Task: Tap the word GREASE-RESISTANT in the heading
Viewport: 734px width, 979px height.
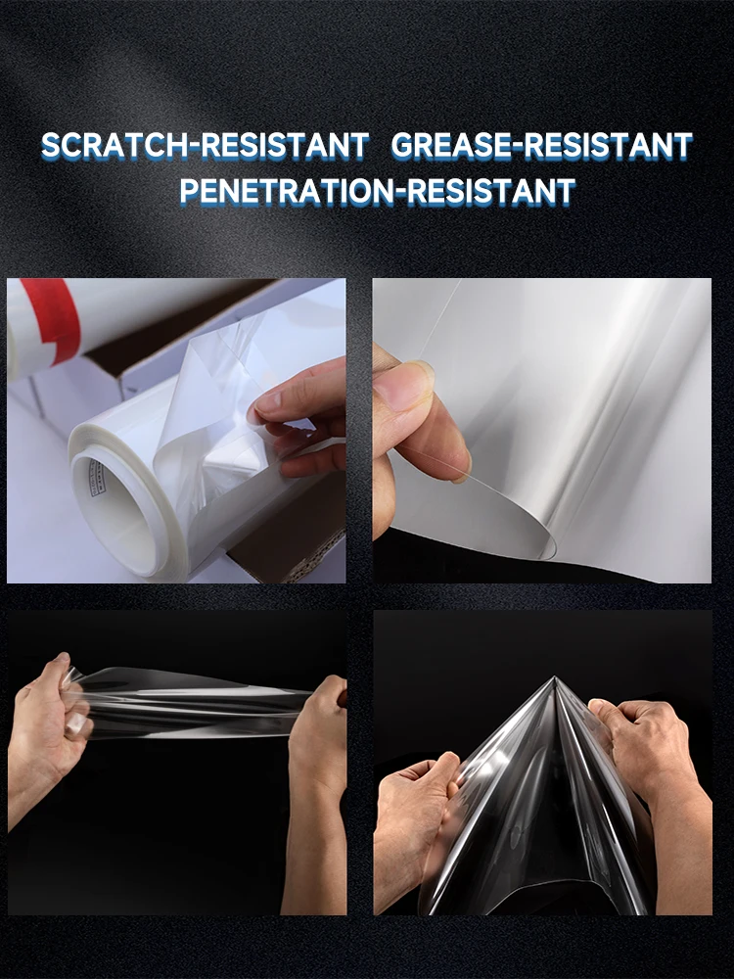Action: (541, 147)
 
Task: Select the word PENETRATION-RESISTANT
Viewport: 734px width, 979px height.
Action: (377, 191)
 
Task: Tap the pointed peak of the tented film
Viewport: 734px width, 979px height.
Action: (555, 680)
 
